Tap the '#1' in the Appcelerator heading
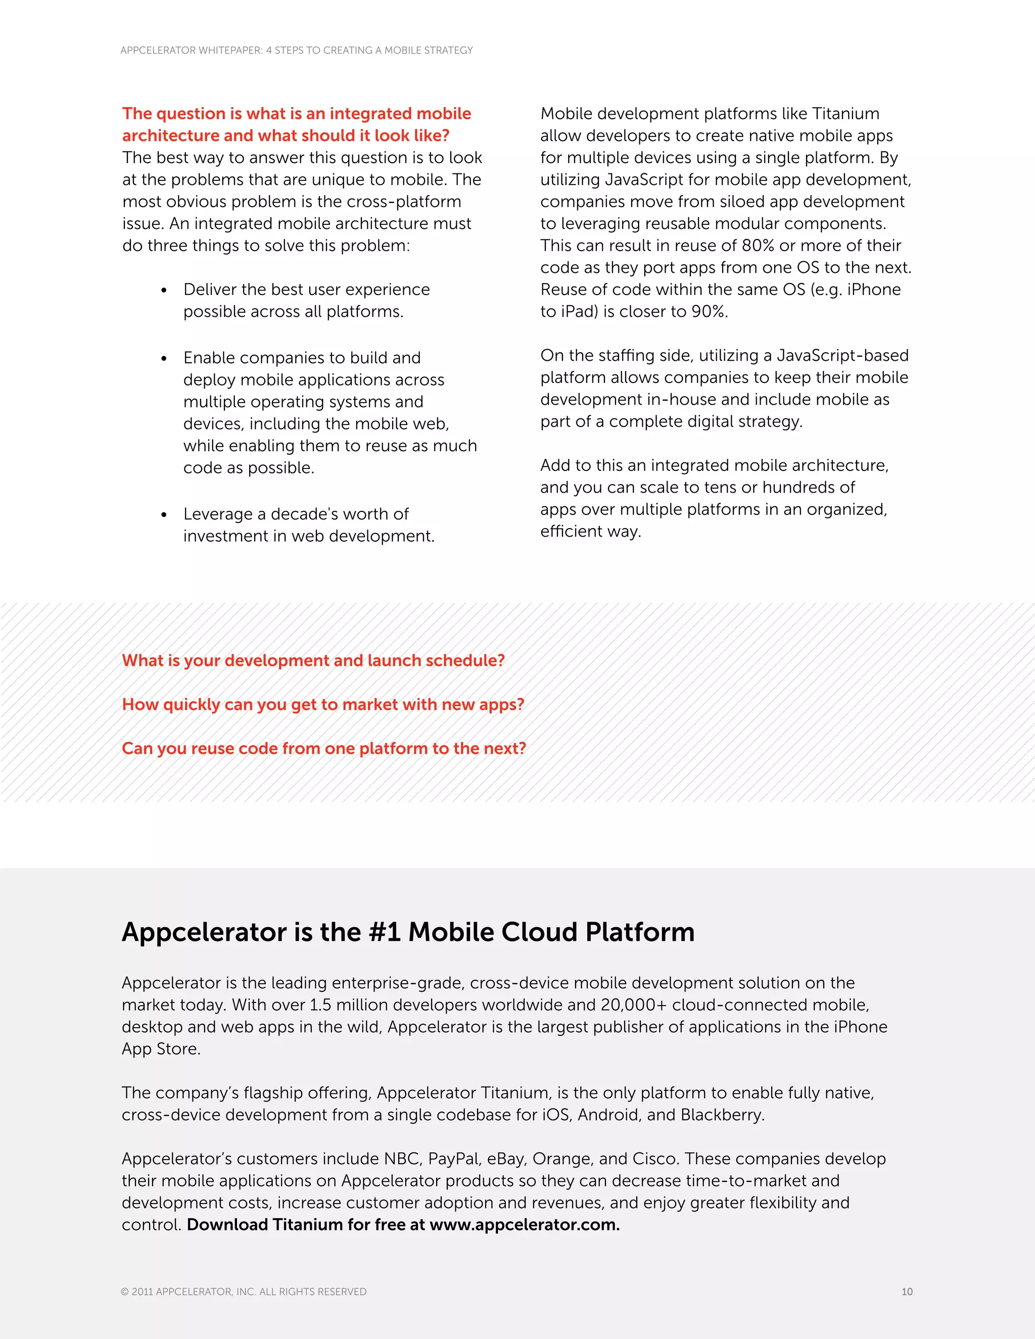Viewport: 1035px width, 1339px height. pyautogui.click(x=385, y=932)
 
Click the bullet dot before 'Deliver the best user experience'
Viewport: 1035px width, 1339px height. pyautogui.click(x=164, y=291)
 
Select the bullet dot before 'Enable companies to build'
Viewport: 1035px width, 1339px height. pyautogui.click(x=164, y=359)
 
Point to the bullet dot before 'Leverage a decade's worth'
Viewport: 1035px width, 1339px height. pyautogui.click(x=164, y=515)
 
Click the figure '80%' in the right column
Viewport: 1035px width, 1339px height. pyautogui.click(x=758, y=245)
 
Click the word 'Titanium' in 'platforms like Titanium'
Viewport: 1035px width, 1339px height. pyautogui.click(x=845, y=113)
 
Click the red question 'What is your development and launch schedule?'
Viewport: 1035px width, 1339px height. pyautogui.click(x=313, y=660)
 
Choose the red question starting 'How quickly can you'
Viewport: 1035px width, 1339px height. pyautogui.click(x=323, y=704)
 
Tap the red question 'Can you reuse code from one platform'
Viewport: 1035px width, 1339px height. pyautogui.click(x=324, y=749)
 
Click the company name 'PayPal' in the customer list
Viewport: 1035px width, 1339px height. pyautogui.click(x=454, y=1159)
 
